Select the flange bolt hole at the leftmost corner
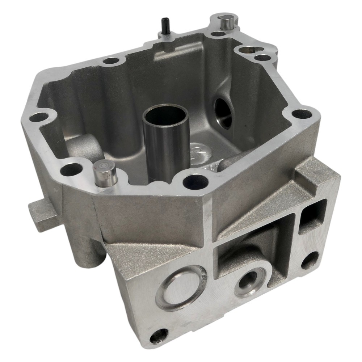[38, 117]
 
